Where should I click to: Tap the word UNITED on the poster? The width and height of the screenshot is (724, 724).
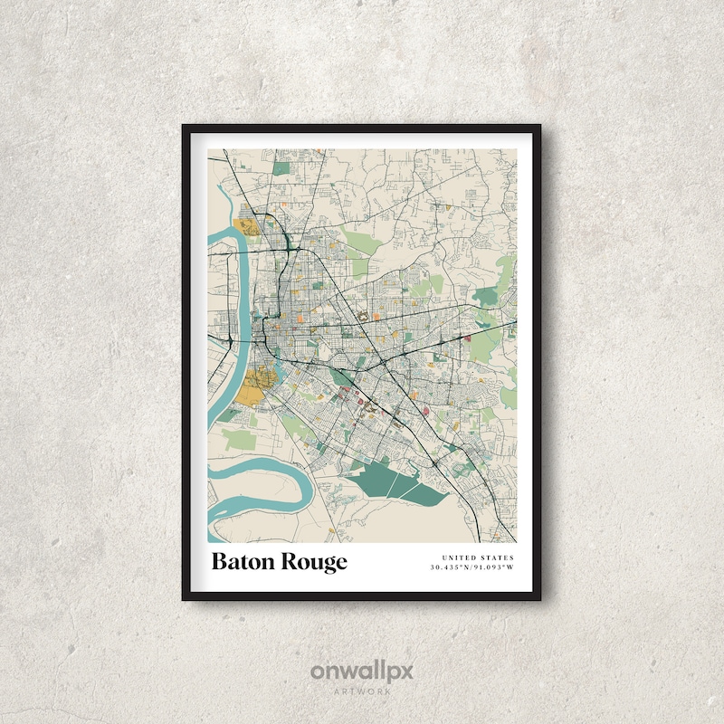point(460,557)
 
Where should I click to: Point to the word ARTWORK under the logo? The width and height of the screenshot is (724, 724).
point(362,691)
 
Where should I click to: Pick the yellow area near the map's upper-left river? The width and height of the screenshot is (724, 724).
point(245,227)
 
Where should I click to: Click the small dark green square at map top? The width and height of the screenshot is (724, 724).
point(283,167)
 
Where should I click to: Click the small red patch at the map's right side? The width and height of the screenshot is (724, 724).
point(468,338)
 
